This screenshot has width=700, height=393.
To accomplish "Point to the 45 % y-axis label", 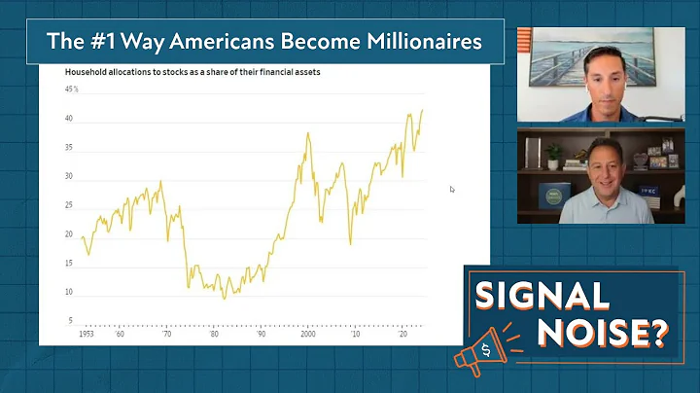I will tap(71, 89).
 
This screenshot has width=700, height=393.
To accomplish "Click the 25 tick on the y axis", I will tap(69, 205).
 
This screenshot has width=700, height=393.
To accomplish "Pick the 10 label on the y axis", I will tap(69, 292).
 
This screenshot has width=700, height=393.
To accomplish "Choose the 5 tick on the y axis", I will tap(70, 320).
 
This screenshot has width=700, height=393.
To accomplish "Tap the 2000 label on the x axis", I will tap(307, 333).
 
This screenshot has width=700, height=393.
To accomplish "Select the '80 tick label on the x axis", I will tap(213, 333).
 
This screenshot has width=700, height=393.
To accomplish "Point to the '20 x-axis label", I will tap(401, 333).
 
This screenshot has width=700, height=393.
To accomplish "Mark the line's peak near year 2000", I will tap(308, 133).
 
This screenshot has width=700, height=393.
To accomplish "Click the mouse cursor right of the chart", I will tap(452, 190).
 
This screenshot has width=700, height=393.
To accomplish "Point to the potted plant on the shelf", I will tap(553, 156).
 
